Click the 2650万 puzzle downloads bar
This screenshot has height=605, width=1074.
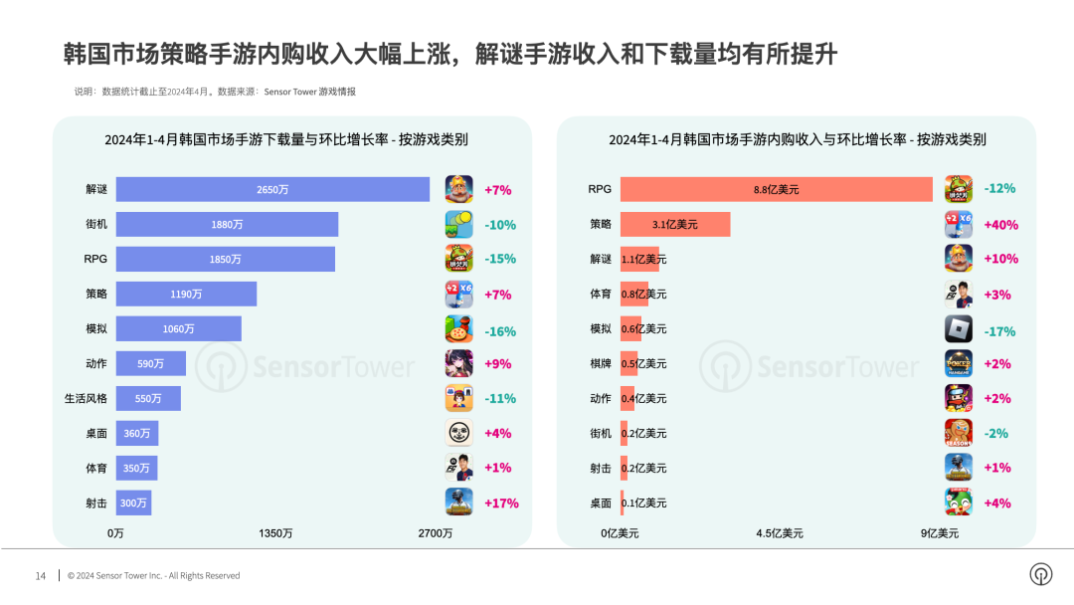[272, 190]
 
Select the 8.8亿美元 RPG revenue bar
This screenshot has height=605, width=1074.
[776, 189]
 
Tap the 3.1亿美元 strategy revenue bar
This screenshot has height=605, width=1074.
[675, 225]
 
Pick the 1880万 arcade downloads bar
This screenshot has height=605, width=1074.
[227, 225]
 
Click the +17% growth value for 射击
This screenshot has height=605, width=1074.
[501, 503]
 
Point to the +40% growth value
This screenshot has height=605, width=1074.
[1000, 225]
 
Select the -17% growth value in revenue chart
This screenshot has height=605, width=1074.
[1000, 329]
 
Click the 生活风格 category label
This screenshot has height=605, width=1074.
[86, 399]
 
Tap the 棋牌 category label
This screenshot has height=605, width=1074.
[601, 364]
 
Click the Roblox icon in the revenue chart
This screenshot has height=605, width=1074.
[958, 329]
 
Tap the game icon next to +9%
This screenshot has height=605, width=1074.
[458, 364]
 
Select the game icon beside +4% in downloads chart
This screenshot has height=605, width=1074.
[458, 434]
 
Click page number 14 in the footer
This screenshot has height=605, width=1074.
[41, 575]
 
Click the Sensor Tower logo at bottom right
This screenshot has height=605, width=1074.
[1041, 574]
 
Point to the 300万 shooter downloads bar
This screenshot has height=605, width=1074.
[133, 503]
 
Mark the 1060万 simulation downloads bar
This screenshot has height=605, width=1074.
[178, 329]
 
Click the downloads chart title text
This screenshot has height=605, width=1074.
[286, 140]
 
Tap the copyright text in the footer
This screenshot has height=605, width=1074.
[153, 575]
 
